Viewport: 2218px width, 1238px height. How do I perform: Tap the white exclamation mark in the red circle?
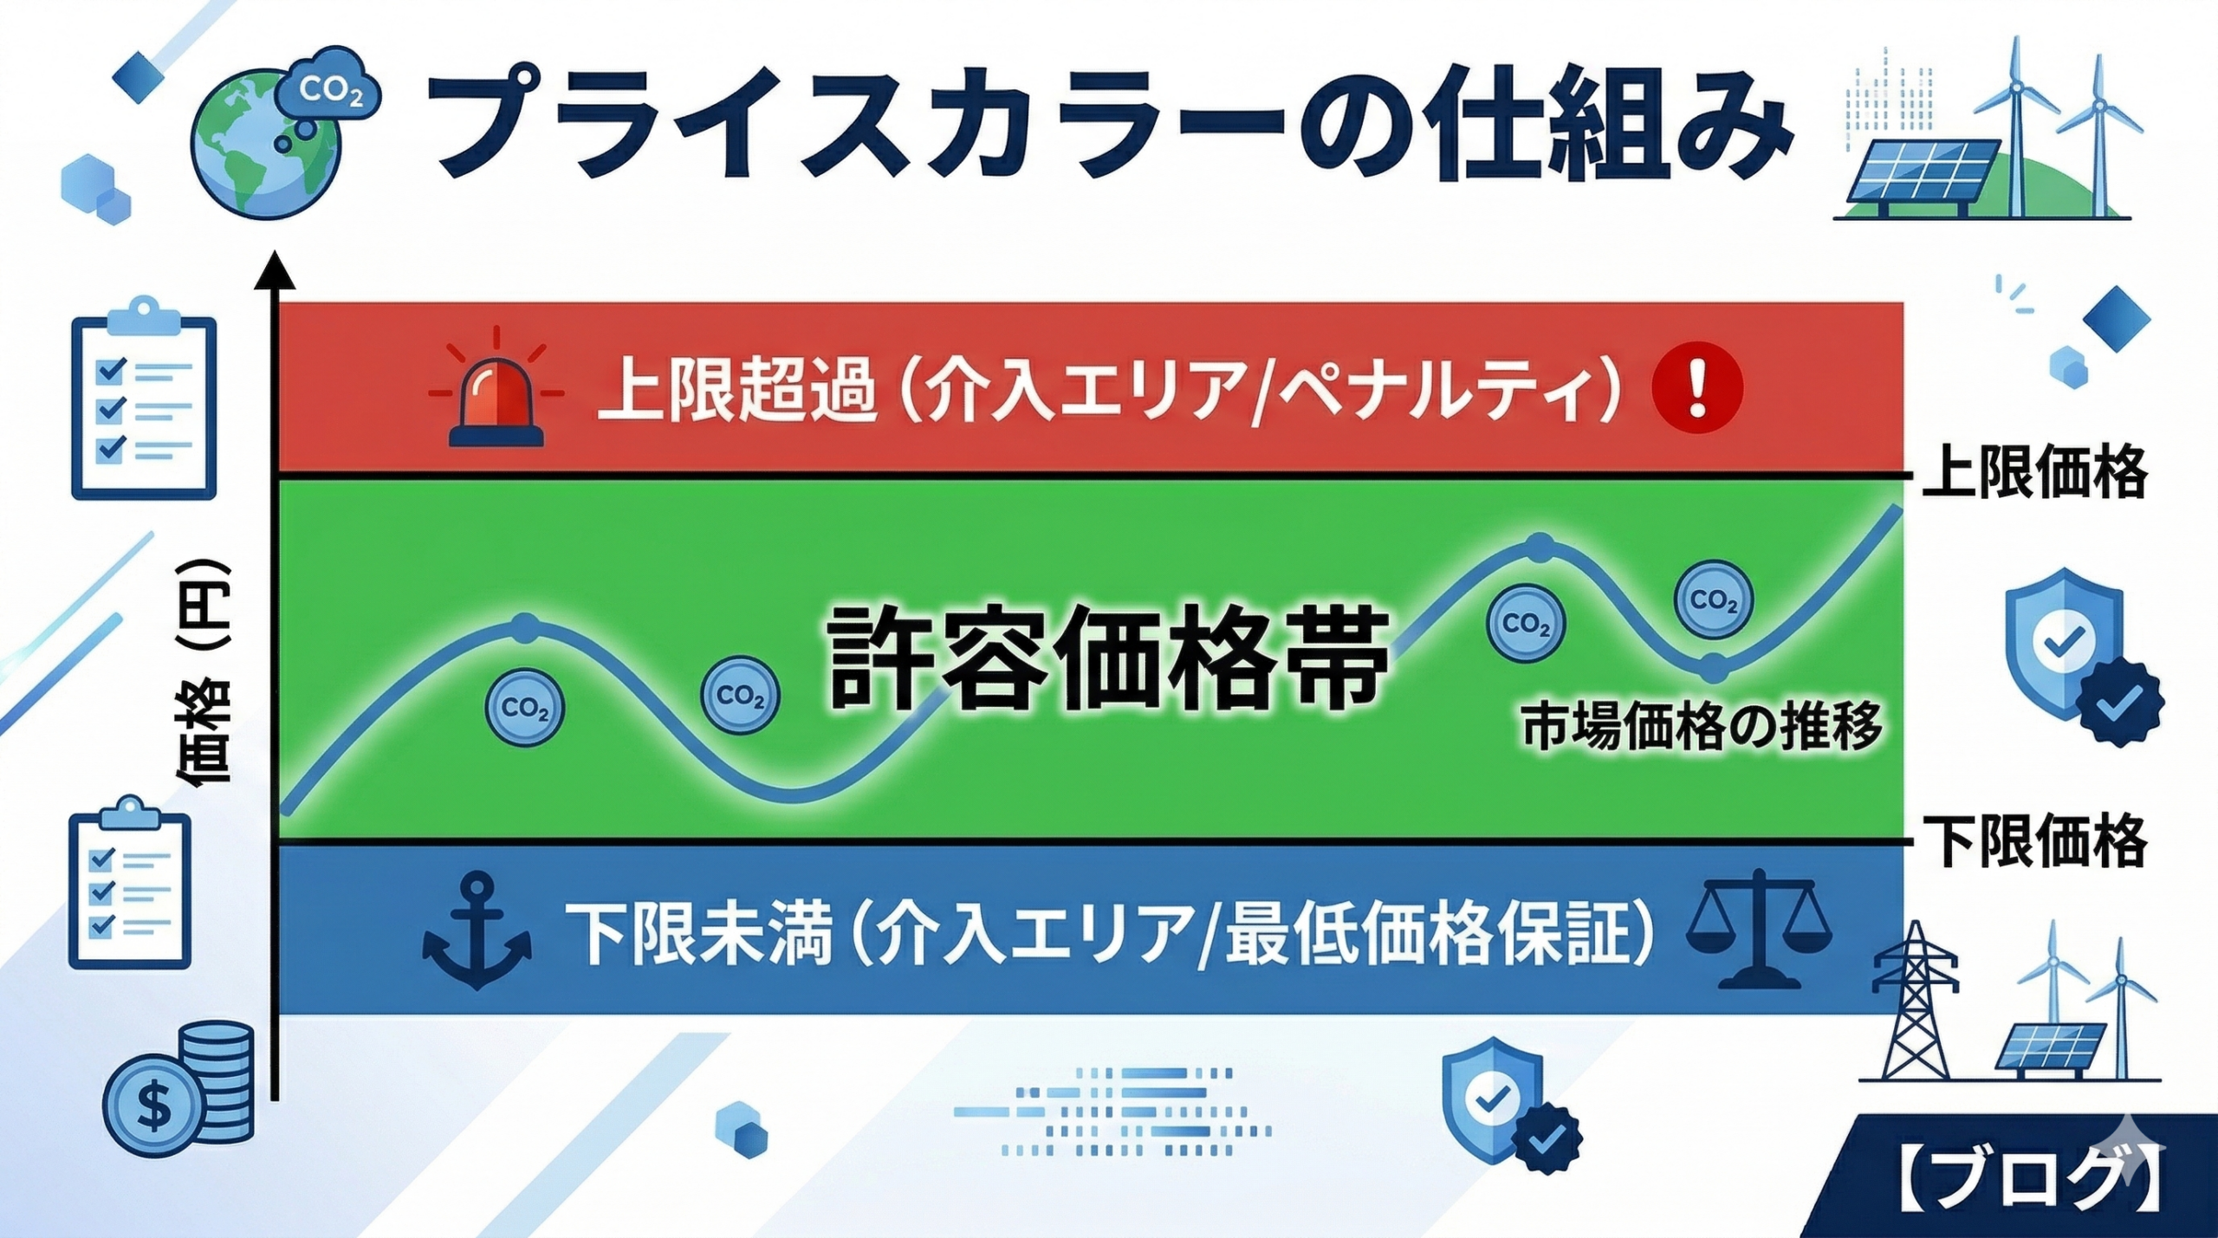tap(1697, 390)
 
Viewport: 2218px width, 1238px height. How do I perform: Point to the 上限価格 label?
tap(2034, 472)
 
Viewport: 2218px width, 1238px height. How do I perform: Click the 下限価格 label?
tap(2034, 840)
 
